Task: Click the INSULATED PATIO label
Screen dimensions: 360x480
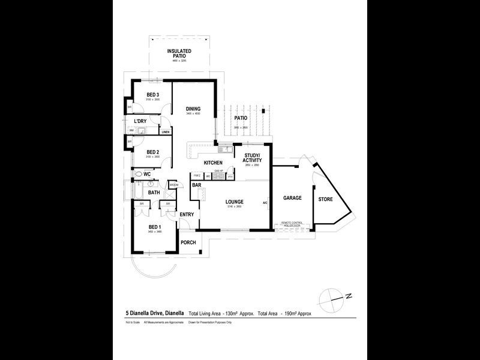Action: [180, 54]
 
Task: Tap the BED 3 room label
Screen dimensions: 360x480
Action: [153, 95]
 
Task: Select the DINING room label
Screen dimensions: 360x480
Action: [193, 109]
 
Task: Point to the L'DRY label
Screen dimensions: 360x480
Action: [140, 122]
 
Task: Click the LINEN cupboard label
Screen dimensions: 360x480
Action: [165, 132]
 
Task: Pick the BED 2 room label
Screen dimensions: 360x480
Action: [152, 152]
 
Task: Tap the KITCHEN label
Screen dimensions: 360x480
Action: [213, 163]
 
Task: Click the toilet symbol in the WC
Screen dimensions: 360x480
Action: [138, 174]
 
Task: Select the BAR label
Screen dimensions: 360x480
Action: [196, 186]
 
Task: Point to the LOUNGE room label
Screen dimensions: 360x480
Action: [234, 202]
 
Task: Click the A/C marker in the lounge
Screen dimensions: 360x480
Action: [265, 203]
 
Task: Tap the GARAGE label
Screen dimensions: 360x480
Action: [292, 198]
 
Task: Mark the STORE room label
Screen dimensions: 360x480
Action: [326, 199]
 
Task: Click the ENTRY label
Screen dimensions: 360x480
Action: [187, 214]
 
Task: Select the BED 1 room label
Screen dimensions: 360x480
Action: [154, 226]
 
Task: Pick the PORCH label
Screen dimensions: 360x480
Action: [188, 243]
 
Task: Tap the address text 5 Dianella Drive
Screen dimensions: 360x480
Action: [154, 313]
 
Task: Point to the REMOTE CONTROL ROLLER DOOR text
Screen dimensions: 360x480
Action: [295, 225]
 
